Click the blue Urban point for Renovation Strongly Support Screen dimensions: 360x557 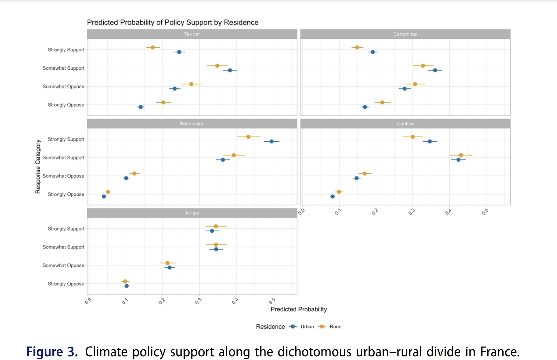[x=271, y=141]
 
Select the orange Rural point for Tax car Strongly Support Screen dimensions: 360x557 [x=153, y=47]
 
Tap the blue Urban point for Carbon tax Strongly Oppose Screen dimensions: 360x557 [x=365, y=107]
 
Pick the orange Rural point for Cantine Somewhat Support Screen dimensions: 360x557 [x=461, y=155]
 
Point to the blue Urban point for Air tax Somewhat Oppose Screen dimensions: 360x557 [x=169, y=268]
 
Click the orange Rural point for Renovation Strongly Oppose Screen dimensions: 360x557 [x=108, y=192]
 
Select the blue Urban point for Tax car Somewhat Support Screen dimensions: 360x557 [x=230, y=70]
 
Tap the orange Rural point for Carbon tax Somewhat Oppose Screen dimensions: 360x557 [x=415, y=84]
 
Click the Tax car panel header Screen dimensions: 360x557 [x=192, y=34]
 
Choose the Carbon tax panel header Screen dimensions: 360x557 [x=405, y=34]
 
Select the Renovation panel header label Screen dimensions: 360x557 [x=192, y=123]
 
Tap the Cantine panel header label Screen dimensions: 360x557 [x=405, y=123]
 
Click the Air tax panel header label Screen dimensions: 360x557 [x=192, y=213]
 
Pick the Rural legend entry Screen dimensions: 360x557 [x=335, y=327]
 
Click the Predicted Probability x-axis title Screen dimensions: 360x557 [x=299, y=309]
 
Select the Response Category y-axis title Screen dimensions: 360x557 [x=38, y=166]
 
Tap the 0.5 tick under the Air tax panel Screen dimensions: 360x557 [x=272, y=301]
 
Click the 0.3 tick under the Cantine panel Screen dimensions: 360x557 [x=412, y=212]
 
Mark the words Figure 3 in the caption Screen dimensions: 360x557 [x=52, y=352]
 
